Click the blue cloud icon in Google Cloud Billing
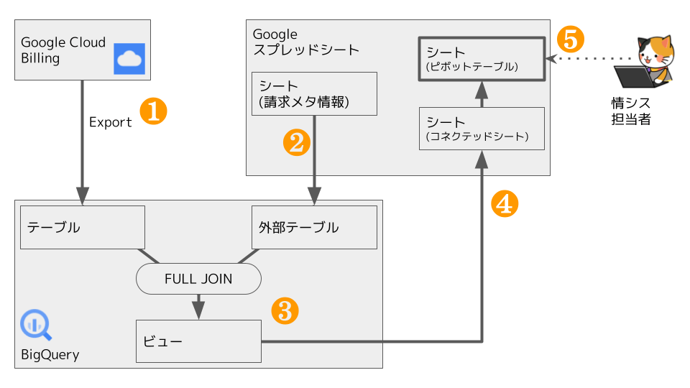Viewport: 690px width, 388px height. click(x=129, y=59)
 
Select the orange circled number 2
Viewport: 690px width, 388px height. click(x=296, y=143)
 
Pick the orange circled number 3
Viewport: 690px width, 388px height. click(x=284, y=310)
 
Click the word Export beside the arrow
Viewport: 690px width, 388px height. click(x=110, y=122)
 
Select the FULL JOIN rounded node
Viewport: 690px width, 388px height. click(x=198, y=279)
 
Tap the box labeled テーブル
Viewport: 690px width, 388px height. click(x=83, y=228)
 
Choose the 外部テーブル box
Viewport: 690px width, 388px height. click(x=314, y=228)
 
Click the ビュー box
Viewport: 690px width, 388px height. click(x=198, y=341)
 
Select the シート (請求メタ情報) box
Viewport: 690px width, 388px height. click(x=314, y=94)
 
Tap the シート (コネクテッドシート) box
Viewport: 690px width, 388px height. click(x=482, y=129)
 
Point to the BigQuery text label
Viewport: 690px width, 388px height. click(x=50, y=355)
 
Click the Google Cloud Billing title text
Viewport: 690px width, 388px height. click(x=63, y=50)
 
